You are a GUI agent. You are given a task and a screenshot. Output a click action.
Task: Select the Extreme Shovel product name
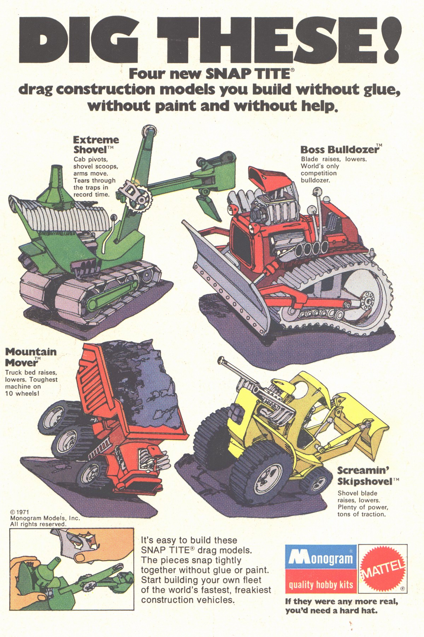coord(96,144)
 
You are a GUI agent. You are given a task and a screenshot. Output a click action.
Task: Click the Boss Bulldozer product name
coord(339,149)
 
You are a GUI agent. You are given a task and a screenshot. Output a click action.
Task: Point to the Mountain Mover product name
coord(30,357)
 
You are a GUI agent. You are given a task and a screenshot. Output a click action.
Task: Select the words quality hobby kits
coord(321,585)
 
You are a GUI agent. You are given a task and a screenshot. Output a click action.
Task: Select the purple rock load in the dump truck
coord(145,388)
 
